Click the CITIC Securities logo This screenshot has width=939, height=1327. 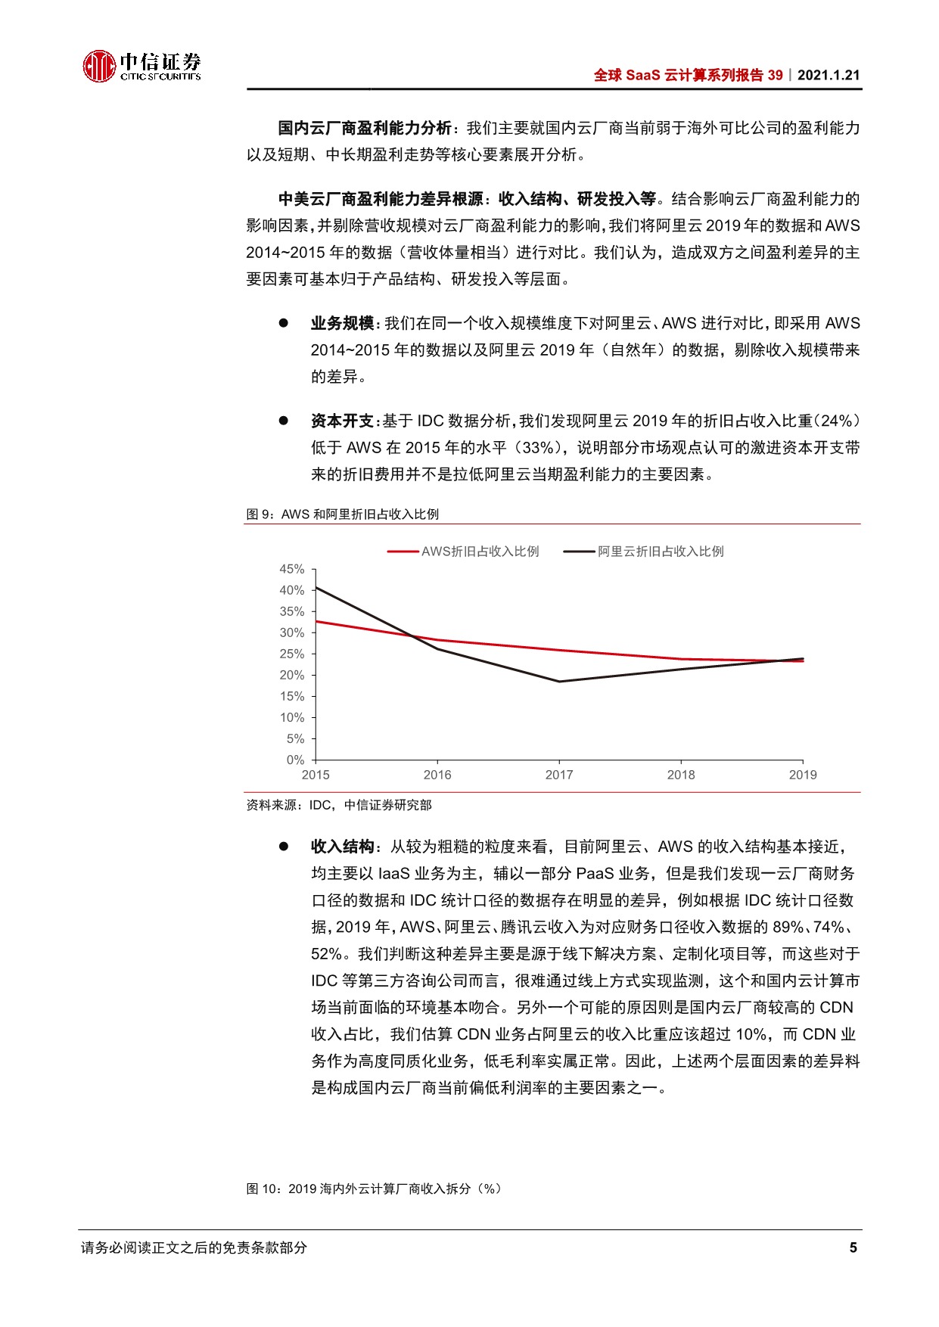pyautogui.click(x=141, y=67)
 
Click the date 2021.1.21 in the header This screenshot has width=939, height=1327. pyautogui.click(x=829, y=75)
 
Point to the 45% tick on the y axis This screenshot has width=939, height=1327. pyautogui.click(x=292, y=569)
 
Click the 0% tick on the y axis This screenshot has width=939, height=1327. pyautogui.click(x=295, y=760)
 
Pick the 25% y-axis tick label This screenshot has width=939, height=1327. pyautogui.click(x=292, y=654)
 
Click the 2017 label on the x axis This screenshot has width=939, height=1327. pyautogui.click(x=559, y=775)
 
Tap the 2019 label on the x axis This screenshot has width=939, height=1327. pyautogui.click(x=803, y=775)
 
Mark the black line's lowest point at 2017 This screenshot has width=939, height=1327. pyautogui.click(x=559, y=682)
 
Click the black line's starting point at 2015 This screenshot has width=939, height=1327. pyautogui.click(x=316, y=587)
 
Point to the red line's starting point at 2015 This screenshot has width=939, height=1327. pyautogui.click(x=316, y=621)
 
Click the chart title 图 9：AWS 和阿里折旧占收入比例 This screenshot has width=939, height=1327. pyautogui.click(x=343, y=514)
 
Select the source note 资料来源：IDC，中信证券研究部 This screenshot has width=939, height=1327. pyautogui.click(x=339, y=805)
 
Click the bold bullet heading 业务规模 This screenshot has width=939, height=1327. pyautogui.click(x=342, y=324)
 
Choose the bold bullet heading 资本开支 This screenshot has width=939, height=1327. pyautogui.click(x=342, y=421)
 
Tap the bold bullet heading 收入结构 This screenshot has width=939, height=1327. pyautogui.click(x=342, y=847)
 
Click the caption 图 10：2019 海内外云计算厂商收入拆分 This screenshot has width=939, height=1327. pyautogui.click(x=374, y=1189)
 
